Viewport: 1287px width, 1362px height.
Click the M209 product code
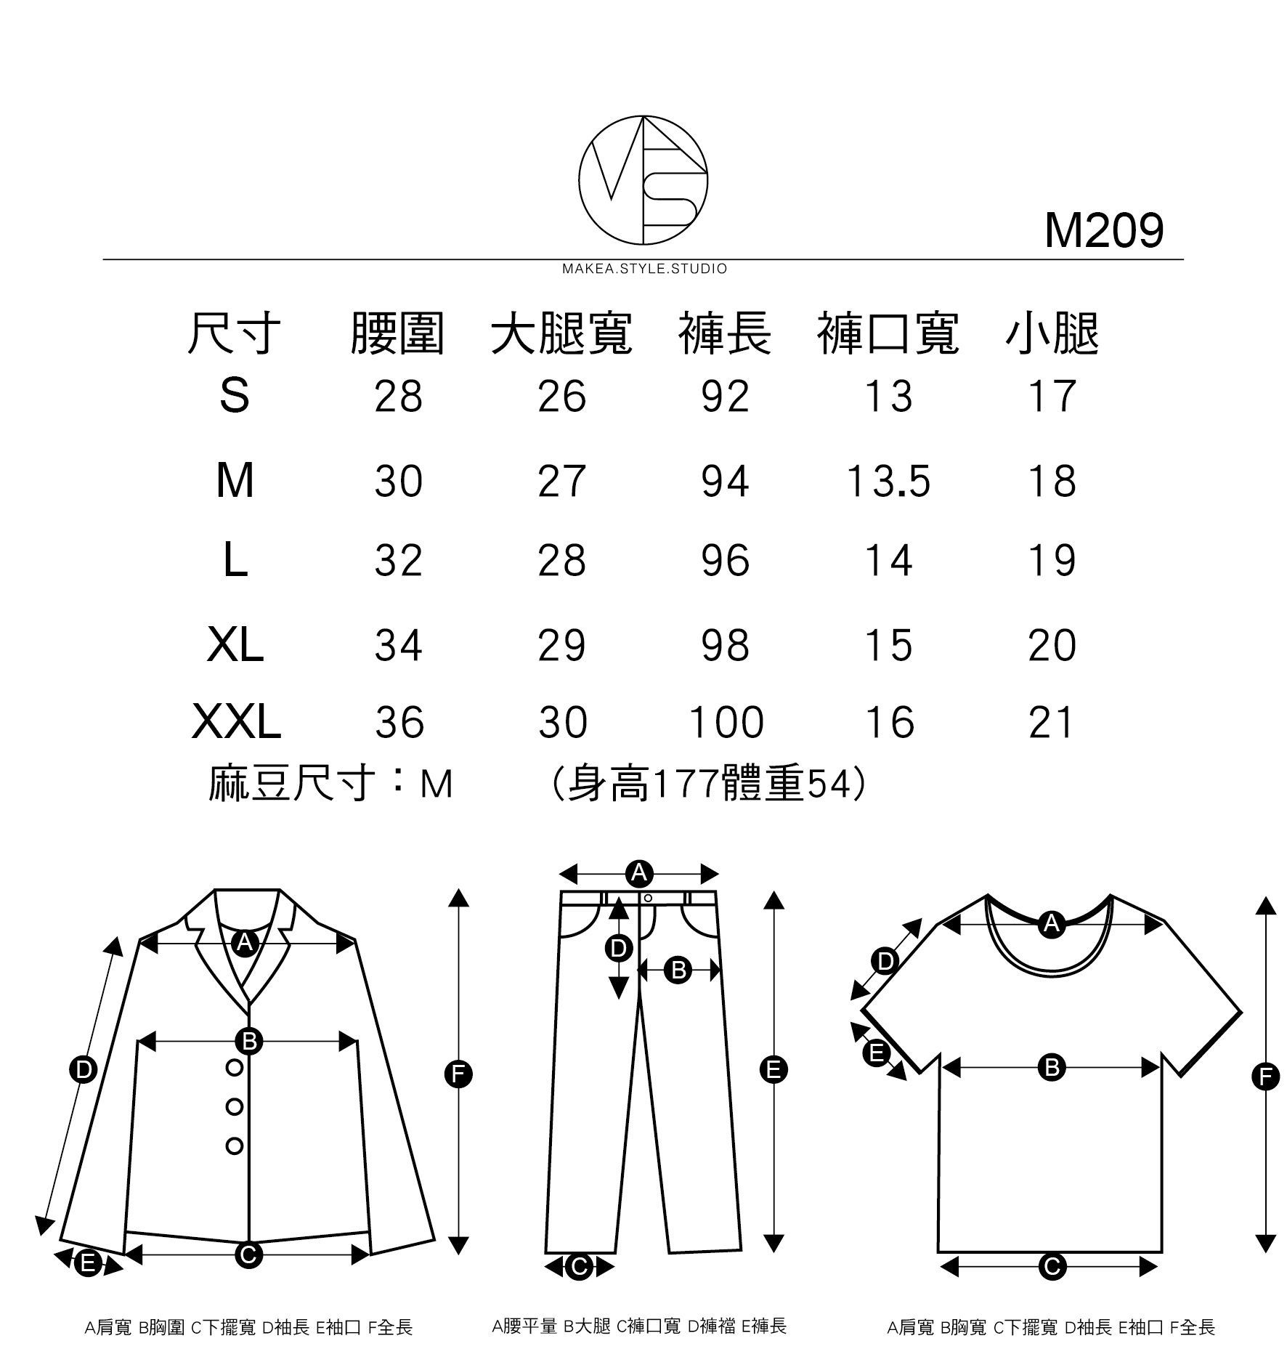[x=1103, y=231]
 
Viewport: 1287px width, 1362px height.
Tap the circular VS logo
[x=643, y=179]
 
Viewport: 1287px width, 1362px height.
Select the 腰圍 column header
[x=397, y=334]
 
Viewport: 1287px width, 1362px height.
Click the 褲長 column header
[x=725, y=334]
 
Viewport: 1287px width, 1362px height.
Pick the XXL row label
[x=236, y=723]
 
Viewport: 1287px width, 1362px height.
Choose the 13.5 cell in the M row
[x=888, y=482]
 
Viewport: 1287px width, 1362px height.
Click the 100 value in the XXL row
[x=726, y=723]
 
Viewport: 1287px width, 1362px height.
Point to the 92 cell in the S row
[x=725, y=397]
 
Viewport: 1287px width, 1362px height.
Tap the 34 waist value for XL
[x=398, y=645]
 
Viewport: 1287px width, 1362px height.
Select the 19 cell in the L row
[x=1052, y=561]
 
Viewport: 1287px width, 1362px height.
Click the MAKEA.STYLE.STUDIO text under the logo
[x=644, y=269]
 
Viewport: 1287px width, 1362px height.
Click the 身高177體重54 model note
[x=708, y=785]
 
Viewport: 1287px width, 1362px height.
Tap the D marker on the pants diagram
[x=618, y=948]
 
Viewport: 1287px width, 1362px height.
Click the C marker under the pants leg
[x=579, y=1267]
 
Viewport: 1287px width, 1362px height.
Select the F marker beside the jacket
[x=458, y=1074]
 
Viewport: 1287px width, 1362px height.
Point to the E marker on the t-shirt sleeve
[x=877, y=1053]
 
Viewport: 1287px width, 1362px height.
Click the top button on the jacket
[x=234, y=1068]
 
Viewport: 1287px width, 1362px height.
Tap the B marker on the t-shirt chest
[x=1051, y=1068]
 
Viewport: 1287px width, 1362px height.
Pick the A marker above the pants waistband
[x=639, y=872]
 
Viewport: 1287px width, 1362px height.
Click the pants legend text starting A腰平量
[x=639, y=1326]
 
